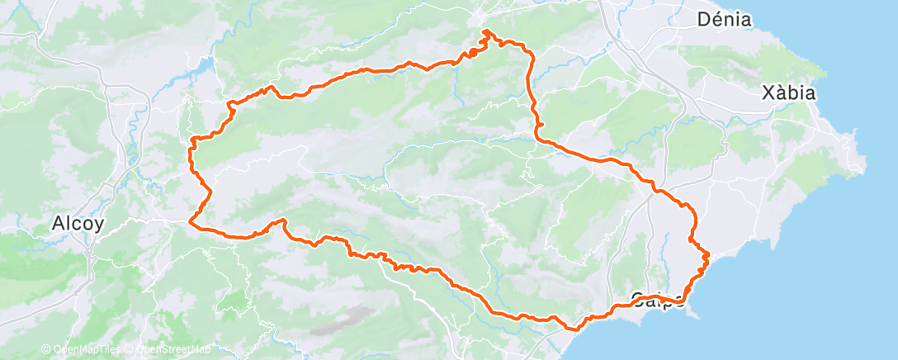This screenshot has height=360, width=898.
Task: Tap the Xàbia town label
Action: [789, 93]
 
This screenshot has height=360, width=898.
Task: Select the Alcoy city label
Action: [77, 223]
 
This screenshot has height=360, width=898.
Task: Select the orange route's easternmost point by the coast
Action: [708, 255]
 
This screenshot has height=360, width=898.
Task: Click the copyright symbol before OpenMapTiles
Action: [45, 349]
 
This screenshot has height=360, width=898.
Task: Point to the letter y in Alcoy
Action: [99, 225]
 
